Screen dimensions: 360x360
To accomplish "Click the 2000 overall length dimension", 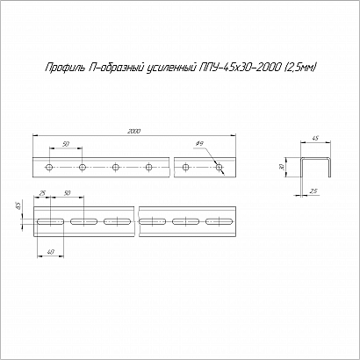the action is pyautogui.click(x=133, y=132).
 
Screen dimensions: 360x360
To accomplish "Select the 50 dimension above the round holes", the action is pyautogui.click(x=66, y=144).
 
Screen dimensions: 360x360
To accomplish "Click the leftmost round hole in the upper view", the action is pyautogui.click(x=49, y=168).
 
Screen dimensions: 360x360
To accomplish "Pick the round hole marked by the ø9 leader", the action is pyautogui.click(x=219, y=168).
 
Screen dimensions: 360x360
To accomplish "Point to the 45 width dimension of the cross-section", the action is pyautogui.click(x=315, y=138).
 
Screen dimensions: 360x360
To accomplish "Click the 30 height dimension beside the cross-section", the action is pyautogui.click(x=282, y=167).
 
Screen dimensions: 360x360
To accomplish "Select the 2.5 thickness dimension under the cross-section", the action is pyautogui.click(x=313, y=191).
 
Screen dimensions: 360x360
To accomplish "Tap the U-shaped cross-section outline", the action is pyautogui.click(x=316, y=159).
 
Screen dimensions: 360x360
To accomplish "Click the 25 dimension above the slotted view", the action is pyautogui.click(x=42, y=193).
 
